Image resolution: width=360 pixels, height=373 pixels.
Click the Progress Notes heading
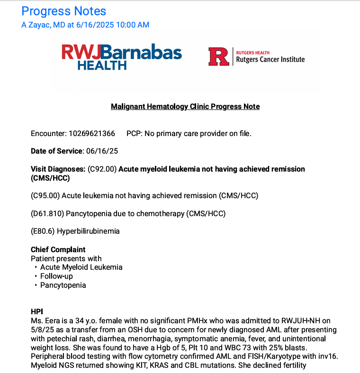tap(64, 11)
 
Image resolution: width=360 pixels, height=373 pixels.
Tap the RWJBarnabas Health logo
tap(122, 56)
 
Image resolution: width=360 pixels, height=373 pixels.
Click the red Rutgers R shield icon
tap(219, 56)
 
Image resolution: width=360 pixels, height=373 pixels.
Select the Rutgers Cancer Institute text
tap(270, 59)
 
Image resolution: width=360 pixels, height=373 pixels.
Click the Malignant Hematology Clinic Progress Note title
tap(185, 106)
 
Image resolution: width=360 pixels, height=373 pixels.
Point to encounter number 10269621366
tap(91, 134)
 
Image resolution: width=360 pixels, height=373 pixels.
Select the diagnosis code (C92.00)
tap(102, 169)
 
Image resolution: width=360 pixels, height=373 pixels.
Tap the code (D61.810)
tap(47, 213)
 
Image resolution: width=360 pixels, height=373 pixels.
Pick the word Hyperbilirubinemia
tap(88, 231)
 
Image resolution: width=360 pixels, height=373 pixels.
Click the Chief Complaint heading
tap(58, 250)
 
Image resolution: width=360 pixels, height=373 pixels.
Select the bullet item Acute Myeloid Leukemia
tap(81, 267)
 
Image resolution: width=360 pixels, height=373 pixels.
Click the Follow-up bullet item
tap(56, 276)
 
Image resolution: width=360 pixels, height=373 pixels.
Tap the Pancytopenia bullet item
tap(63, 285)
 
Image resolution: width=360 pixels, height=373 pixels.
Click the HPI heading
tap(37, 311)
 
